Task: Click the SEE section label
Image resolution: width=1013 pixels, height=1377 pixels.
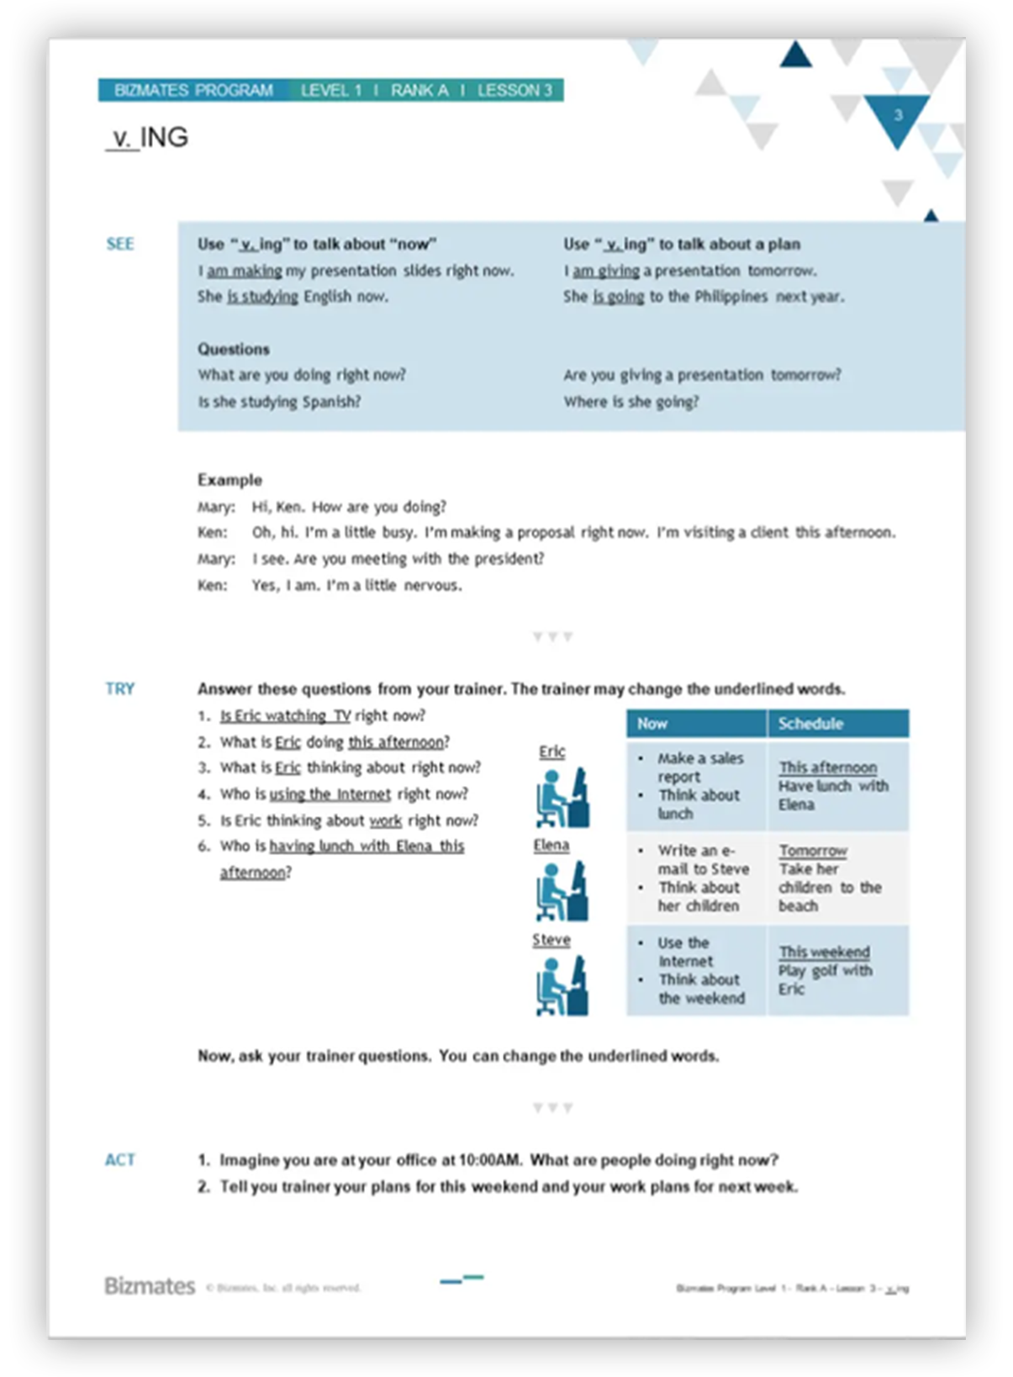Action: coord(120,244)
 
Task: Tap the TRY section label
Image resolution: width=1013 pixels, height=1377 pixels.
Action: coord(120,688)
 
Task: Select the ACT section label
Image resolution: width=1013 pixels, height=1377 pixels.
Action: coord(120,1160)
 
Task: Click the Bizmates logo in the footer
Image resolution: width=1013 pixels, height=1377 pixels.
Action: coord(150,1286)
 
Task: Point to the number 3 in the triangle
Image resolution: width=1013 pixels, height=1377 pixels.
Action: coord(898,115)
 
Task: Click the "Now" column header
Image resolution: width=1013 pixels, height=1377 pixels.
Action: coord(652,724)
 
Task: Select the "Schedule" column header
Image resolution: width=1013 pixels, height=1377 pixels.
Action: coord(810,724)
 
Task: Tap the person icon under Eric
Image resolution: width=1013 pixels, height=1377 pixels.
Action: coord(562,797)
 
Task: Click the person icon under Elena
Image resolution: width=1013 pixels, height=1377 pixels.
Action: coord(562,890)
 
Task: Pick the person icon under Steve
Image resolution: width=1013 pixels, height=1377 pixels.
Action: coord(562,985)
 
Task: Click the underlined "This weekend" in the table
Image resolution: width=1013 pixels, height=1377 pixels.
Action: coord(824,952)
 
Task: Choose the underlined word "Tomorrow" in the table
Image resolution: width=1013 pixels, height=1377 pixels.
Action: coord(813,851)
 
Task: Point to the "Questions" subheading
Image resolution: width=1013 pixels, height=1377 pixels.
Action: coord(234,349)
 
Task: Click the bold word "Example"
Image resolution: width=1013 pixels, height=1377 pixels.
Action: coord(230,480)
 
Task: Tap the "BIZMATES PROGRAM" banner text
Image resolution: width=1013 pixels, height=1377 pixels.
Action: coord(193,90)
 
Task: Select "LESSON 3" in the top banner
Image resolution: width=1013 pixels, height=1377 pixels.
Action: coord(514,90)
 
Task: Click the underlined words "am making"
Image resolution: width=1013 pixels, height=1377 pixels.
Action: coord(245,271)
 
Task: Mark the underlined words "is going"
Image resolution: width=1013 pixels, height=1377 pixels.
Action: coord(619,297)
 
